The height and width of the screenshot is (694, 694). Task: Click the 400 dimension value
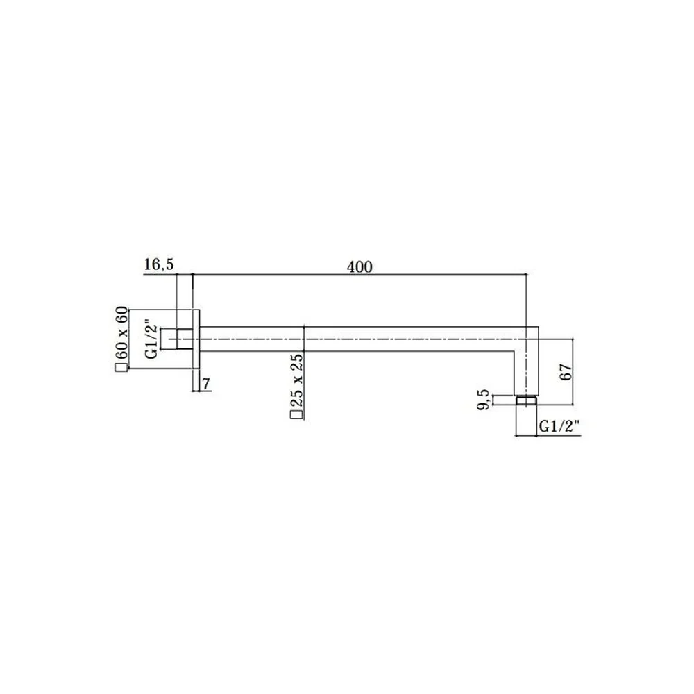pos(359,267)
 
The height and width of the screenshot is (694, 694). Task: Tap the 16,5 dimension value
pos(159,264)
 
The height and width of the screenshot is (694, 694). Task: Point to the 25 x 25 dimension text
pos(296,380)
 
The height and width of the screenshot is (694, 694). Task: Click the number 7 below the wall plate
pos(206,384)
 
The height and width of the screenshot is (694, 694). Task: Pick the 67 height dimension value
pos(566,372)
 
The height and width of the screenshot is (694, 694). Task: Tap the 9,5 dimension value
pos(483,399)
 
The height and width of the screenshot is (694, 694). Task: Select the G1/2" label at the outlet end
pos(559,427)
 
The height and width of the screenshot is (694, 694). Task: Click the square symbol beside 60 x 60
pos(119,369)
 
